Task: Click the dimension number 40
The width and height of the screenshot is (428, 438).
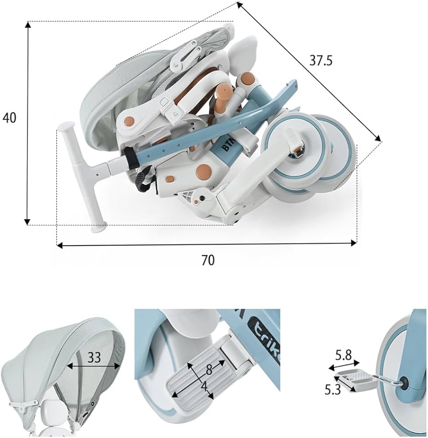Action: coord(10,118)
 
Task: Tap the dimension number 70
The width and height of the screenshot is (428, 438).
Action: coord(208,260)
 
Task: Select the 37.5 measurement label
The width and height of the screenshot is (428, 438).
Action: coord(321,60)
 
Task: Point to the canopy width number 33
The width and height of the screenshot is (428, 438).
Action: coord(94,357)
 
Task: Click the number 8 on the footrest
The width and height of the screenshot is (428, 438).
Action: coord(209,370)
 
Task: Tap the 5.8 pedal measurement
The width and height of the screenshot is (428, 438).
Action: coord(343,355)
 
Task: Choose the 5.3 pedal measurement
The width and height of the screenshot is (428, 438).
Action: coord(333,390)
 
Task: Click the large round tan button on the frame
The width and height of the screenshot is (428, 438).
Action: coord(203,171)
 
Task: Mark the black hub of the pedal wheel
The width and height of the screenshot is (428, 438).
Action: coord(404,382)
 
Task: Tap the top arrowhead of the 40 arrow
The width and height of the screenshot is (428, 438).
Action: coord(27,23)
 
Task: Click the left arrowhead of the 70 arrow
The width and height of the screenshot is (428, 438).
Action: coord(59,246)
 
